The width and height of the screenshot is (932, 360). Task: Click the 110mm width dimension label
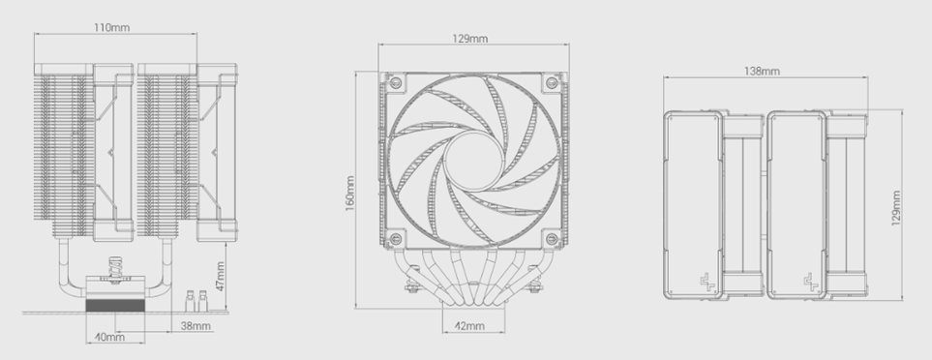111,27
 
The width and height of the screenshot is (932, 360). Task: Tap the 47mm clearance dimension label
220,276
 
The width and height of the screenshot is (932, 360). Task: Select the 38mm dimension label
195,325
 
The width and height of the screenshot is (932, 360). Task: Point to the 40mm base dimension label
110,337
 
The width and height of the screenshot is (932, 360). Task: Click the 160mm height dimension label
350,194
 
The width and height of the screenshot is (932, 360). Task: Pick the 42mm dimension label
469,325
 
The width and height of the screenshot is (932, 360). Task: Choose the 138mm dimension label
762,72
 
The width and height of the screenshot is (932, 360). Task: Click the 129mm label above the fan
470,39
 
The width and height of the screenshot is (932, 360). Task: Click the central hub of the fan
472,161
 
